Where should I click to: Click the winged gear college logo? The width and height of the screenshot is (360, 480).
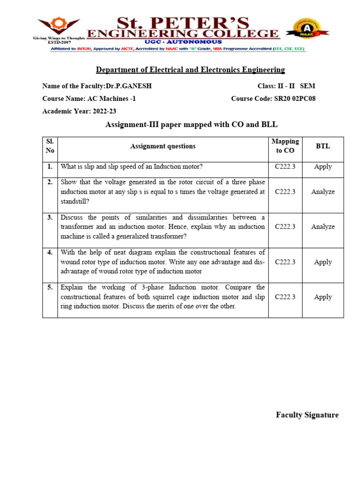pyautogui.click(x=59, y=27)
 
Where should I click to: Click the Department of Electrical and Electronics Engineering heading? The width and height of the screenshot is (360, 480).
pyautogui.click(x=190, y=70)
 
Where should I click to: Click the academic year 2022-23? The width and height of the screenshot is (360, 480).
pyautogui.click(x=105, y=112)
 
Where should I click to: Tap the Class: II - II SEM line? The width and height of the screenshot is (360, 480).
pyautogui.click(x=286, y=86)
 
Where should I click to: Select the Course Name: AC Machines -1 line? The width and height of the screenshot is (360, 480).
pyautogui.click(x=89, y=98)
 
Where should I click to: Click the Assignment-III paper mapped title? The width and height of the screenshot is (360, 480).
pyautogui.click(x=191, y=124)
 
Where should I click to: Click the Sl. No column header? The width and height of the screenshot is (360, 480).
pyautogui.click(x=50, y=146)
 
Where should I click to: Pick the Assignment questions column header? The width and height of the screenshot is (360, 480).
pyautogui.click(x=163, y=146)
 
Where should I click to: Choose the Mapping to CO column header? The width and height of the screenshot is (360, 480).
pyautogui.click(x=285, y=146)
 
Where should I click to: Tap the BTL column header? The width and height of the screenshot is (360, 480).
pyautogui.click(x=322, y=146)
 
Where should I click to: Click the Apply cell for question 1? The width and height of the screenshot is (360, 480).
pyautogui.click(x=322, y=166)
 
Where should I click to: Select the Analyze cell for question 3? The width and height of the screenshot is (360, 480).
pyautogui.click(x=322, y=226)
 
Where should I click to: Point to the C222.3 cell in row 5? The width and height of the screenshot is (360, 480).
pyautogui.click(x=285, y=297)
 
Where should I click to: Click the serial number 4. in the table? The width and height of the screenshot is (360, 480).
pyautogui.click(x=50, y=252)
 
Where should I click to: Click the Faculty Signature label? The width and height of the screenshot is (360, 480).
pyautogui.click(x=307, y=415)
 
